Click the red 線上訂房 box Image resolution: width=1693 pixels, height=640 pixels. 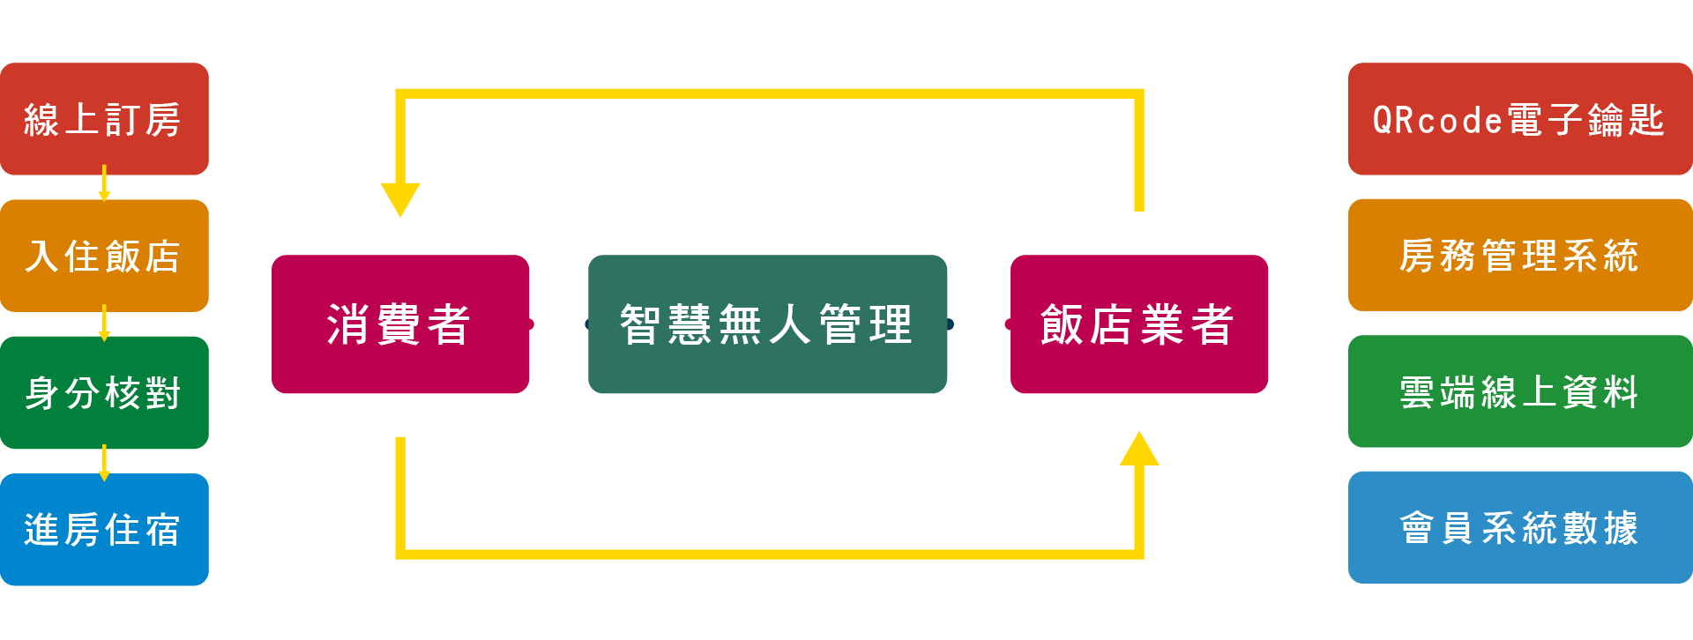[104, 118]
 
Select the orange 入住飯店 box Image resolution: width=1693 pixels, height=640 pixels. [104, 256]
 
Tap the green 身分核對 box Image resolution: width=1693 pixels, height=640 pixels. [104, 392]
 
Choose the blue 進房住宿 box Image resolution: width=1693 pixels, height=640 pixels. [104, 529]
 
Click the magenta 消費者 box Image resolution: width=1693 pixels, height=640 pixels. [400, 324]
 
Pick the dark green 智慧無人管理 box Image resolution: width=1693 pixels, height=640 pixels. [767, 324]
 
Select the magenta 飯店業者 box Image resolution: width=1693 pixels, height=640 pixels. [1138, 324]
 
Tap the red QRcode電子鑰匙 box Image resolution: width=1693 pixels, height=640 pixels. [1519, 118]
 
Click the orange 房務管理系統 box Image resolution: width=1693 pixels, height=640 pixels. [1519, 255]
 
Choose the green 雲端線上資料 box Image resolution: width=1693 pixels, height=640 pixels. [1519, 391]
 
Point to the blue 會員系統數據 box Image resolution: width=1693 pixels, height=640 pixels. [1519, 527]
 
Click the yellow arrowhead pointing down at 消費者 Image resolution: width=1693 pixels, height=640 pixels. [400, 198]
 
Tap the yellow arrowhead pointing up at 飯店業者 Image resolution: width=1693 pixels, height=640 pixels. [1139, 449]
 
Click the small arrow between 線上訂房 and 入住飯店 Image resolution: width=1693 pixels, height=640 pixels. [104, 187]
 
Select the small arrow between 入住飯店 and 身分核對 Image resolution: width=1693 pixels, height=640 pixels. [104, 324]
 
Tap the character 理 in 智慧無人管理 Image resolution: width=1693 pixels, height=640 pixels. [891, 324]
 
